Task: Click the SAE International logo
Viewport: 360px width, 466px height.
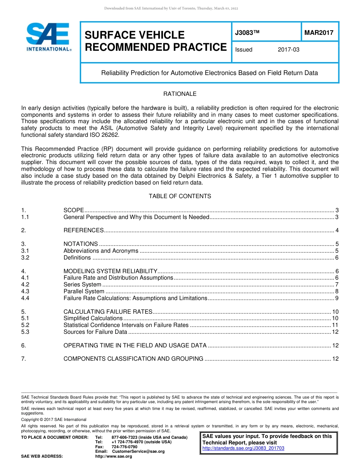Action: (x=48, y=37)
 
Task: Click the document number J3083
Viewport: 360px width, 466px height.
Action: (x=247, y=33)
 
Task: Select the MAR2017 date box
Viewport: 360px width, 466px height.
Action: (x=319, y=33)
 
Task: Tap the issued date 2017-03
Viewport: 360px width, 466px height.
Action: (x=288, y=50)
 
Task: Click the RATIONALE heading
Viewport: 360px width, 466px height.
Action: (x=180, y=94)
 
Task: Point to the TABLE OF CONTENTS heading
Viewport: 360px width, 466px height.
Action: (x=180, y=196)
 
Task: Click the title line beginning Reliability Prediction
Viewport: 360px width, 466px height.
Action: (x=209, y=73)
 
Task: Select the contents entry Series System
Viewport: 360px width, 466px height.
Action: (x=82, y=285)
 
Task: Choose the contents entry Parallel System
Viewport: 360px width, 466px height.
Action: (x=84, y=291)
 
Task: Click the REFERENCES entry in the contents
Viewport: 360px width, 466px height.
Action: (x=83, y=230)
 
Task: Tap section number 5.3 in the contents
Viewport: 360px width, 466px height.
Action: (x=25, y=332)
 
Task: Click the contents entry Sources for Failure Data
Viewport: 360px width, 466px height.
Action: (x=95, y=332)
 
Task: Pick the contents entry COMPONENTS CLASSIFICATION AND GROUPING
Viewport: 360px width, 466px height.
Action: (x=133, y=359)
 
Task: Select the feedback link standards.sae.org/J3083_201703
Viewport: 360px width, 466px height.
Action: (x=243, y=448)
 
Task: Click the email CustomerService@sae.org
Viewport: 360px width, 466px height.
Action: (x=138, y=451)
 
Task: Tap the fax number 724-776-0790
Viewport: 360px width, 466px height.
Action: (x=124, y=447)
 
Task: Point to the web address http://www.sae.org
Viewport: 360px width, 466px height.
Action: (x=113, y=456)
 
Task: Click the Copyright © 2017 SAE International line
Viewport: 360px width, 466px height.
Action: (x=54, y=419)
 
